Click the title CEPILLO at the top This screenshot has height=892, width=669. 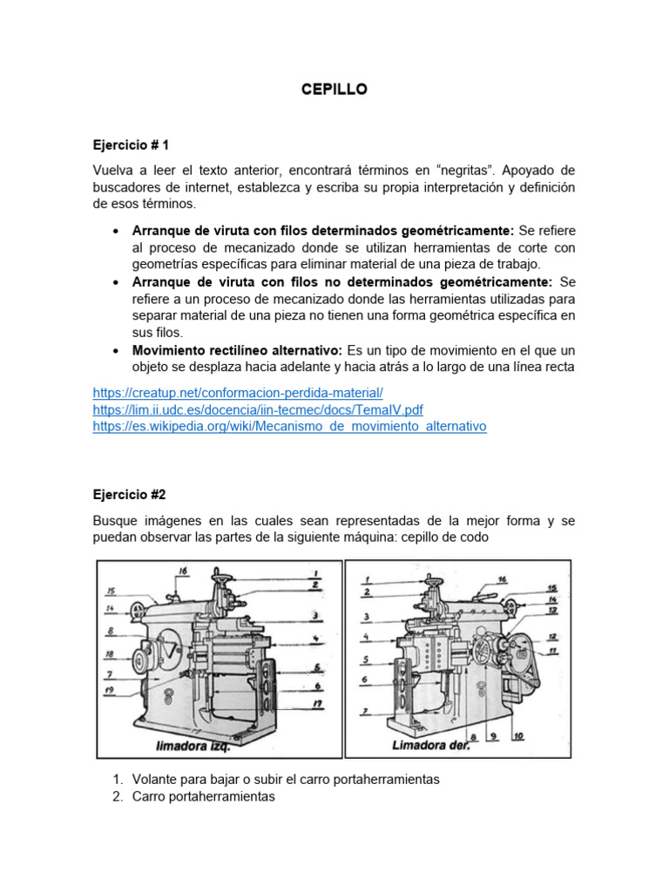coord(334,90)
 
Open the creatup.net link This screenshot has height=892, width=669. coord(238,393)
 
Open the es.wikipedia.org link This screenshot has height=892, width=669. coord(289,426)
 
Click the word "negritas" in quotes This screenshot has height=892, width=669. coord(439,170)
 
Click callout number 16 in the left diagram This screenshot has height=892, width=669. coord(182,571)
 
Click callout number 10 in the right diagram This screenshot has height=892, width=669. coord(517,735)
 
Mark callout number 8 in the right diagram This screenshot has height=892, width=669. coord(473,735)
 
